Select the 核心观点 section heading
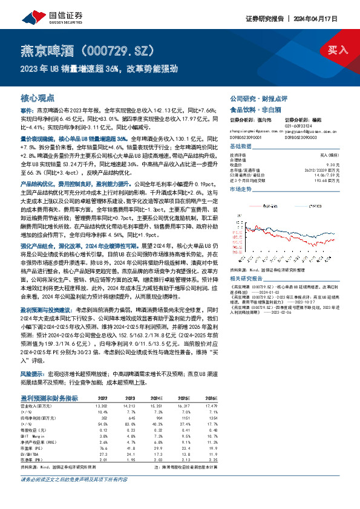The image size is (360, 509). tap(38, 97)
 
